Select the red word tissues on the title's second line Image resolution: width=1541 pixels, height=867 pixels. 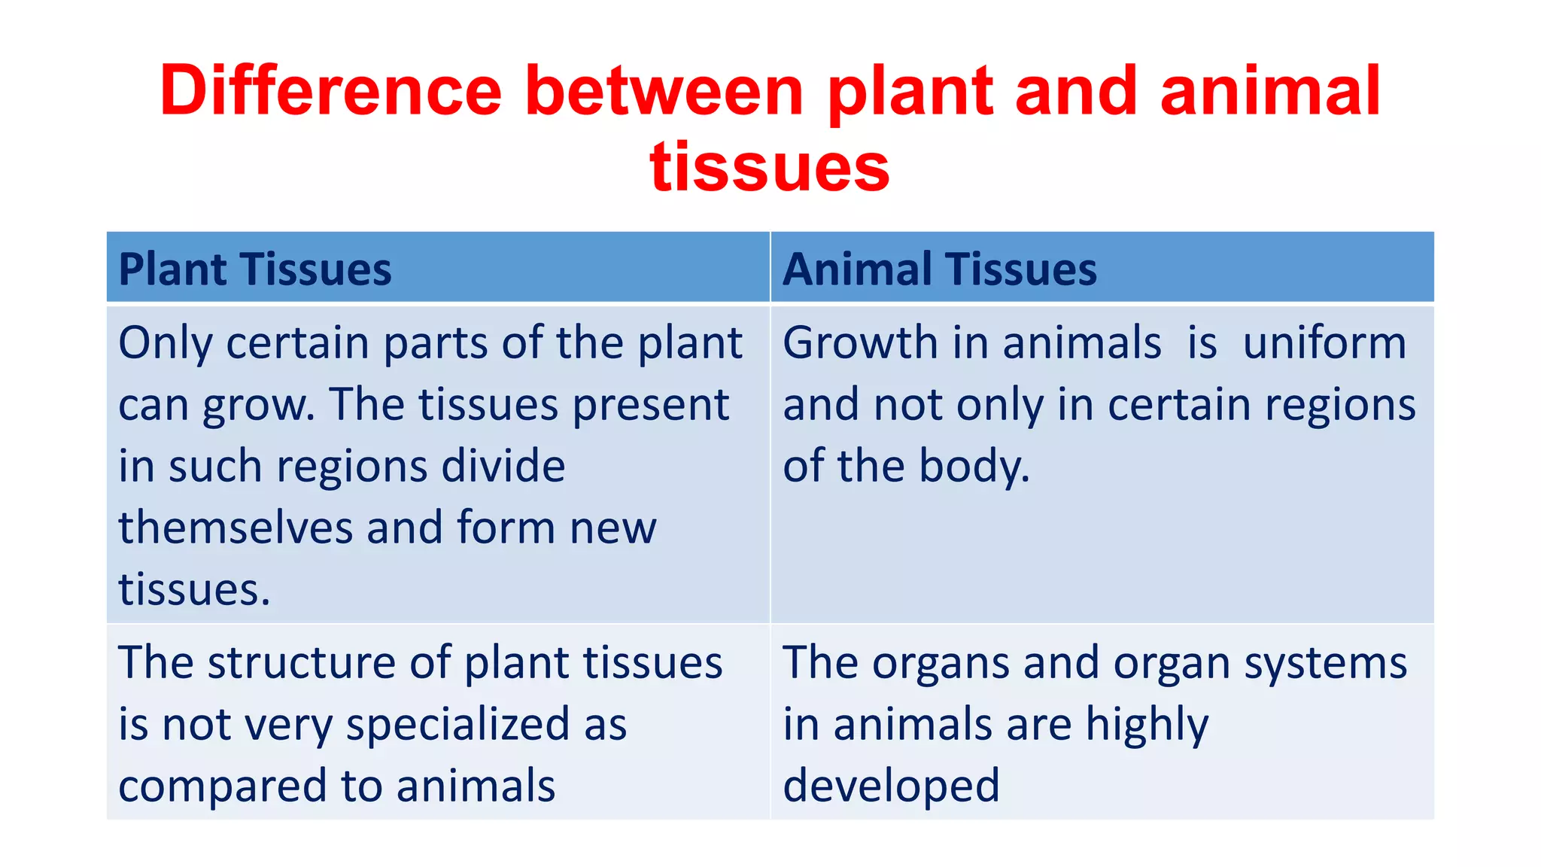[770, 167]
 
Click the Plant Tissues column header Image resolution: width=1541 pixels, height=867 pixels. [255, 269]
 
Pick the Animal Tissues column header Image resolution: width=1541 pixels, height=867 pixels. [940, 269]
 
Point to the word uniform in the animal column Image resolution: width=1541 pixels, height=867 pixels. [1324, 343]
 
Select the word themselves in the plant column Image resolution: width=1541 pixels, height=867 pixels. [236, 527]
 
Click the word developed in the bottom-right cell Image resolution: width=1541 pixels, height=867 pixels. [892, 786]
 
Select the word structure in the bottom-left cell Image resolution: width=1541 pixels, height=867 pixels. [301, 663]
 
